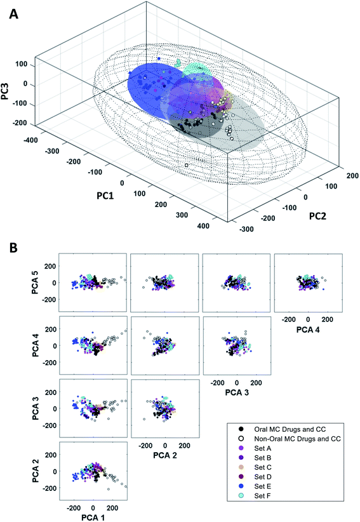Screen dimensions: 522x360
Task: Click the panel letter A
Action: point(13,13)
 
